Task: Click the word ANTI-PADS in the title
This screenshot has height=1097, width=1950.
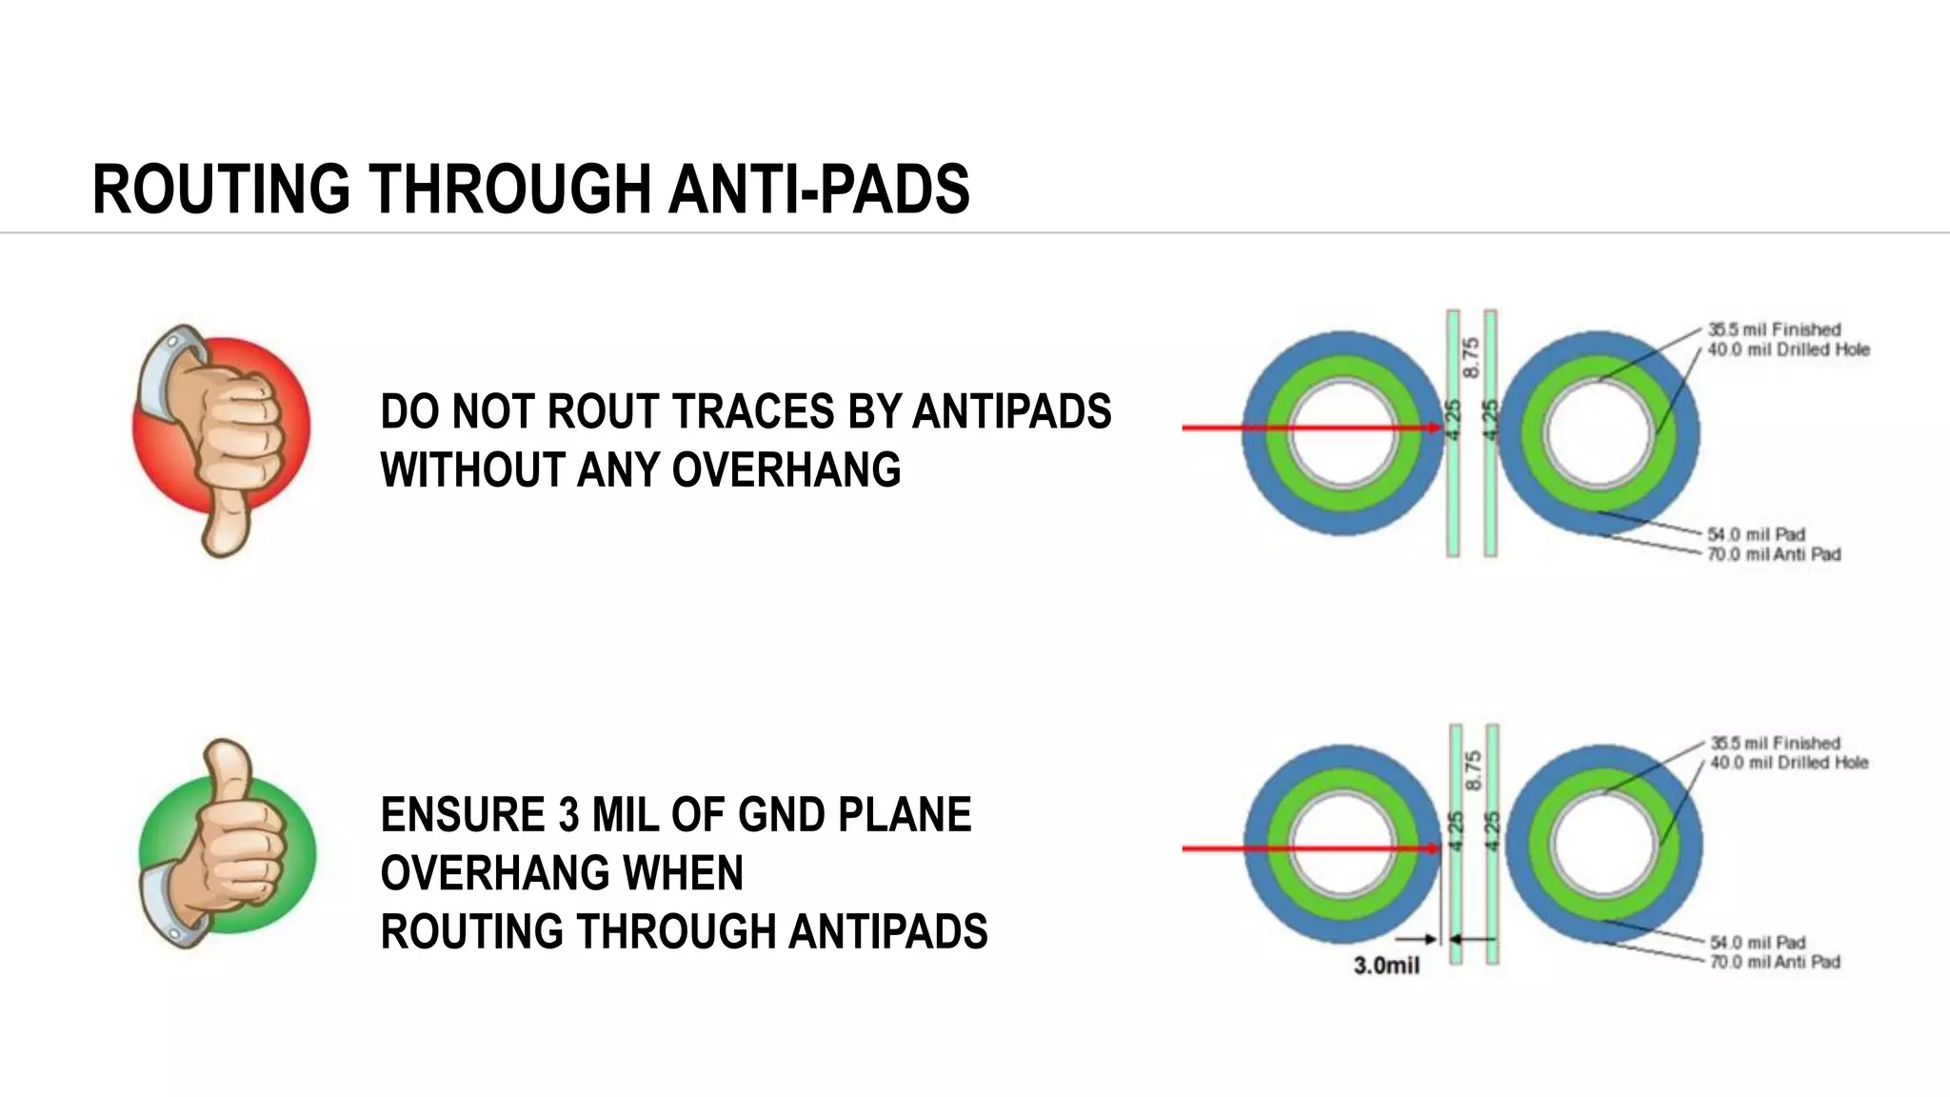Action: tap(819, 189)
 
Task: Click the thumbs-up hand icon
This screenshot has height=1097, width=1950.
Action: tap(227, 844)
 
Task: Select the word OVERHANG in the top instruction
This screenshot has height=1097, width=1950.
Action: tap(786, 470)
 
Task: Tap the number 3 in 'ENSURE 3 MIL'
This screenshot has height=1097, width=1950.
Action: tap(568, 815)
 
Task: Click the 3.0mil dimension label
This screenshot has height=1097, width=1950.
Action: tap(1386, 966)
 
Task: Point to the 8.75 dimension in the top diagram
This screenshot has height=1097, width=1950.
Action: tap(1471, 357)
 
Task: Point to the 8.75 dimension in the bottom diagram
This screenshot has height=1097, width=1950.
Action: tap(1473, 769)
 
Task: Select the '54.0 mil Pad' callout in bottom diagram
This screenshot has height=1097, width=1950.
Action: tap(1757, 942)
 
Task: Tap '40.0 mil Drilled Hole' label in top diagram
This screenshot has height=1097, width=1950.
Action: tap(1787, 349)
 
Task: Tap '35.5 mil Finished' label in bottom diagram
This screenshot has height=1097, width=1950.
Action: tap(1775, 743)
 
